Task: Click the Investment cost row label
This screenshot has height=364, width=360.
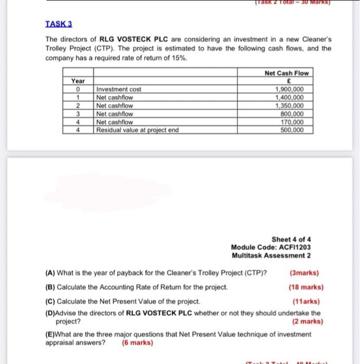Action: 119,89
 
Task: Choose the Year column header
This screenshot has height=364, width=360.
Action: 77,81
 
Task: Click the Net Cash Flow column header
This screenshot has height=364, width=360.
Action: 287,73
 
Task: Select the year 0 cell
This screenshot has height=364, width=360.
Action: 77,89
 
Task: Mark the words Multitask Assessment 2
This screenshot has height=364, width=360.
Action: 271,255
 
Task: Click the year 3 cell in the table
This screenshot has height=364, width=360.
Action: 77,113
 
